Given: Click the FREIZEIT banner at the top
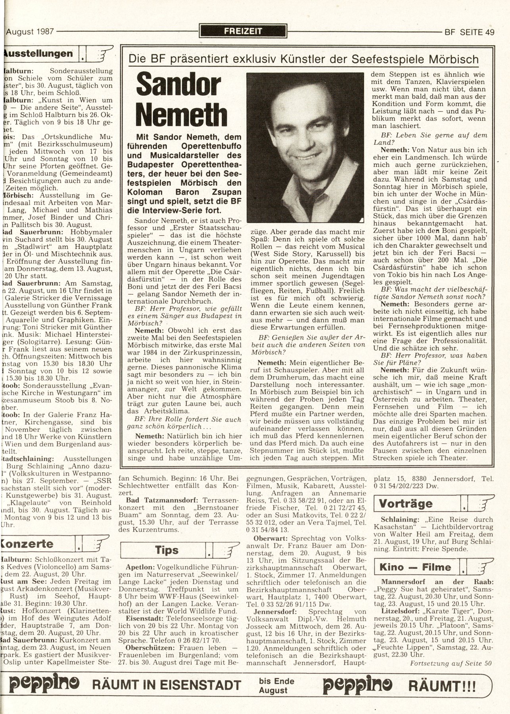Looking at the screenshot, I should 243,31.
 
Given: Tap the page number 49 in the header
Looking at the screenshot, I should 489,32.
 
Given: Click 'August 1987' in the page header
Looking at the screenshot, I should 31,32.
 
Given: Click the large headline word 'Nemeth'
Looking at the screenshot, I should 181,115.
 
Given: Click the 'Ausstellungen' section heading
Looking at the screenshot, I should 40,54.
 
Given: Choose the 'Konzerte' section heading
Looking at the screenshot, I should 29,543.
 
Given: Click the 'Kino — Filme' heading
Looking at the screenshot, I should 415,567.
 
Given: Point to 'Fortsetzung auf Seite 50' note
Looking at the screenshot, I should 451,663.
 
